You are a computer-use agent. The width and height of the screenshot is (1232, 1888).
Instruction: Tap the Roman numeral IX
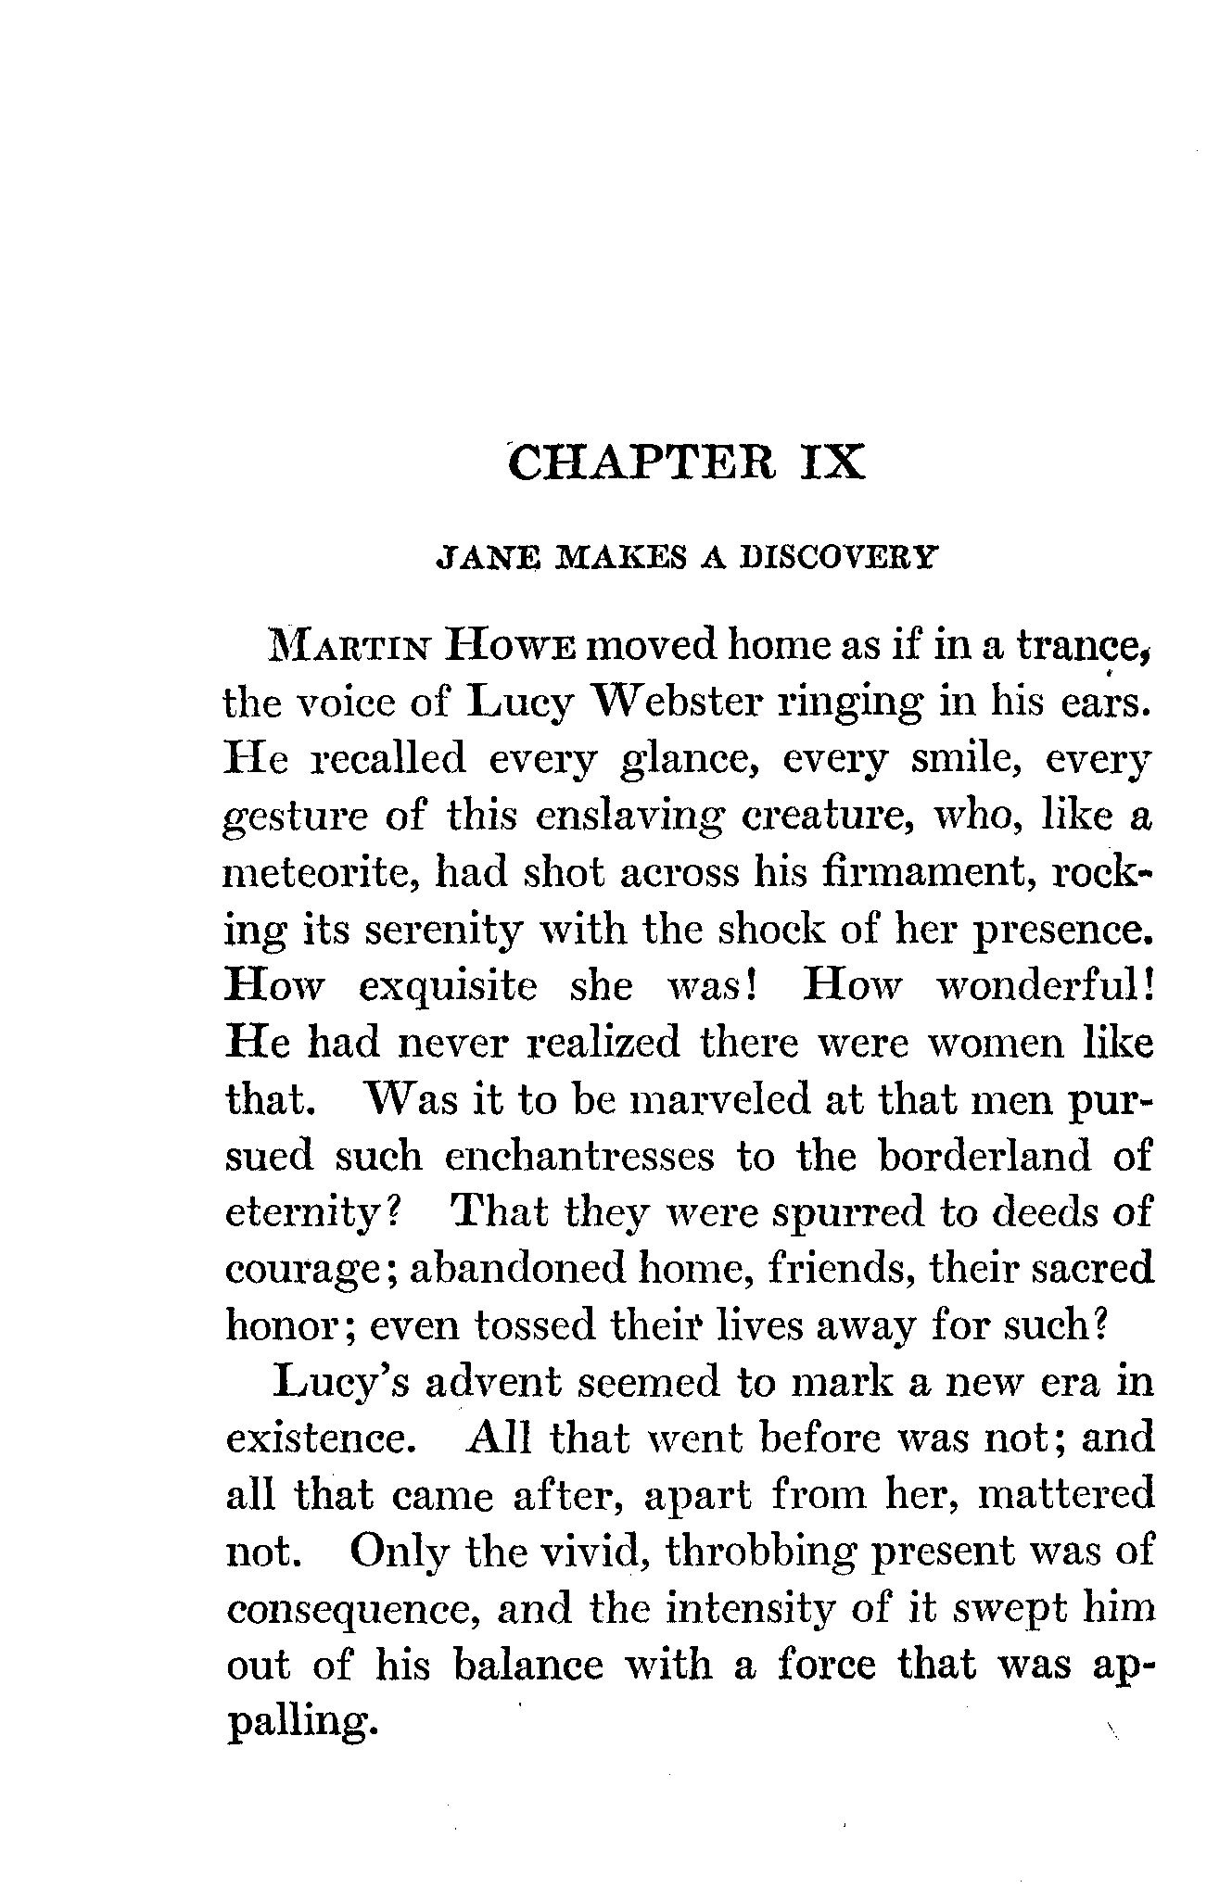coord(827,462)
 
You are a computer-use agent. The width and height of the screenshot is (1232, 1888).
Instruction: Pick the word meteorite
coord(318,873)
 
